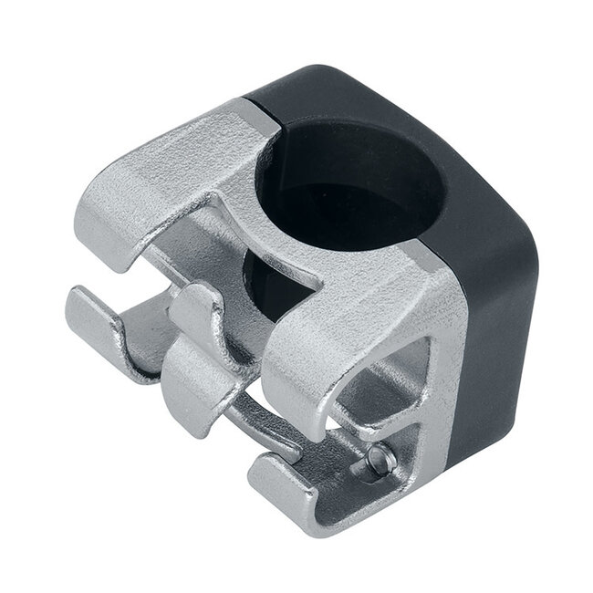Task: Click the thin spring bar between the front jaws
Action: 265,429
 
